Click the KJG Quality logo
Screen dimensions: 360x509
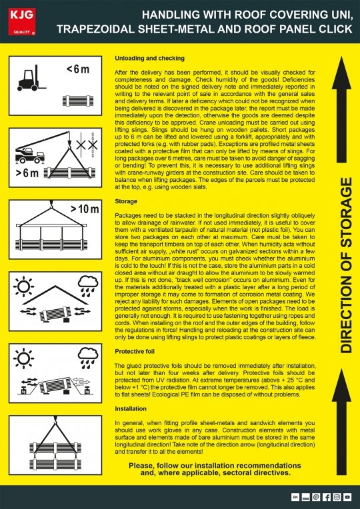(x=19, y=17)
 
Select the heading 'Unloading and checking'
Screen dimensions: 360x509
(x=149, y=58)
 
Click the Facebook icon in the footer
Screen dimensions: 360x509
(x=327, y=497)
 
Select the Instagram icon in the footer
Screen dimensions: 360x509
(x=337, y=497)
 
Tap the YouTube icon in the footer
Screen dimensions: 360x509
(x=348, y=497)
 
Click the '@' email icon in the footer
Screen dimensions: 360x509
(x=316, y=497)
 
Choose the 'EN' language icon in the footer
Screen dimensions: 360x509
(x=295, y=497)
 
